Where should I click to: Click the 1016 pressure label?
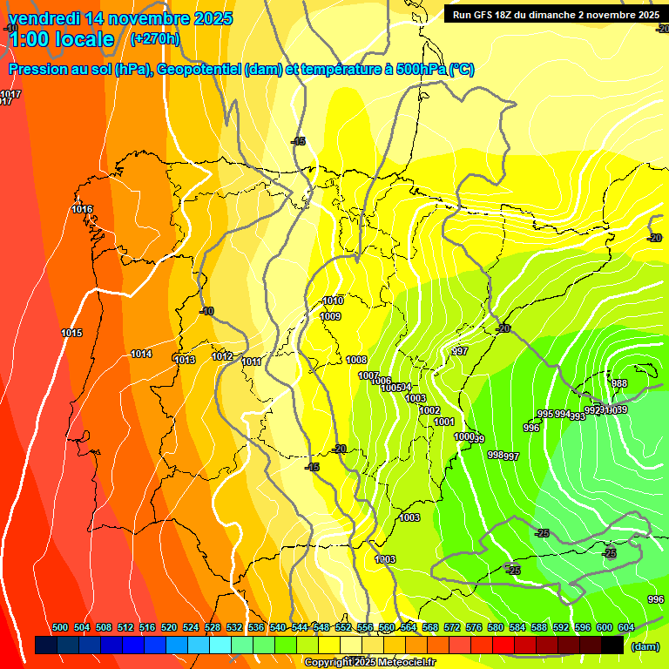pyautogui.click(x=82, y=209)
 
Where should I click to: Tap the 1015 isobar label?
pyautogui.click(x=71, y=334)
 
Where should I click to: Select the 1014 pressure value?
pyautogui.click(x=141, y=354)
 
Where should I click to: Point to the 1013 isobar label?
pyautogui.click(x=185, y=360)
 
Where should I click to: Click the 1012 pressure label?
pyautogui.click(x=222, y=356)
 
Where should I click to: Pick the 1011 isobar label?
pyautogui.click(x=252, y=362)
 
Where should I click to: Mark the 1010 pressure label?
pyautogui.click(x=333, y=301)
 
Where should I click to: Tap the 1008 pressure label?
pyautogui.click(x=356, y=360)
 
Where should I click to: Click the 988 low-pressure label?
pyautogui.click(x=619, y=383)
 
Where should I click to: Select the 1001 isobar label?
pyautogui.click(x=444, y=422)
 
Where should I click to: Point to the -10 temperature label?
pyautogui.click(x=206, y=311)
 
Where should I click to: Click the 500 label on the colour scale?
pyautogui.click(x=60, y=627)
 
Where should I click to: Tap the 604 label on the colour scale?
pyautogui.click(x=626, y=627)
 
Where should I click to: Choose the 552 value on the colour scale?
pyautogui.click(x=343, y=627)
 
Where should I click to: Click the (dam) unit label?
pyautogui.click(x=645, y=645)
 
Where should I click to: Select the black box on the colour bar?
pyautogui.click(x=612, y=645)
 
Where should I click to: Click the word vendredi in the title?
pyautogui.click(x=44, y=17)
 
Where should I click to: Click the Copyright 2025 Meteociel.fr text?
pyautogui.click(x=369, y=662)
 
